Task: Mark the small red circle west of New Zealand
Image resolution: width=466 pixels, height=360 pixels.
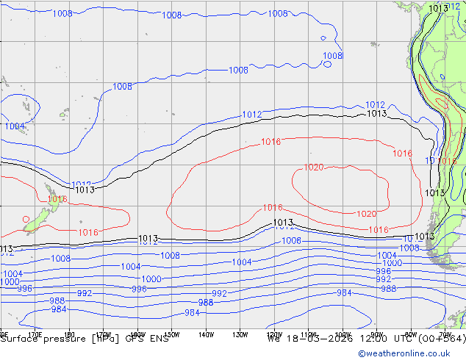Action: point(26,218)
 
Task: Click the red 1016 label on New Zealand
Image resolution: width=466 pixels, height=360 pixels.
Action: point(57,199)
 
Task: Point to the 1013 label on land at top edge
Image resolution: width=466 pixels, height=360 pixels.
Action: point(438,8)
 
